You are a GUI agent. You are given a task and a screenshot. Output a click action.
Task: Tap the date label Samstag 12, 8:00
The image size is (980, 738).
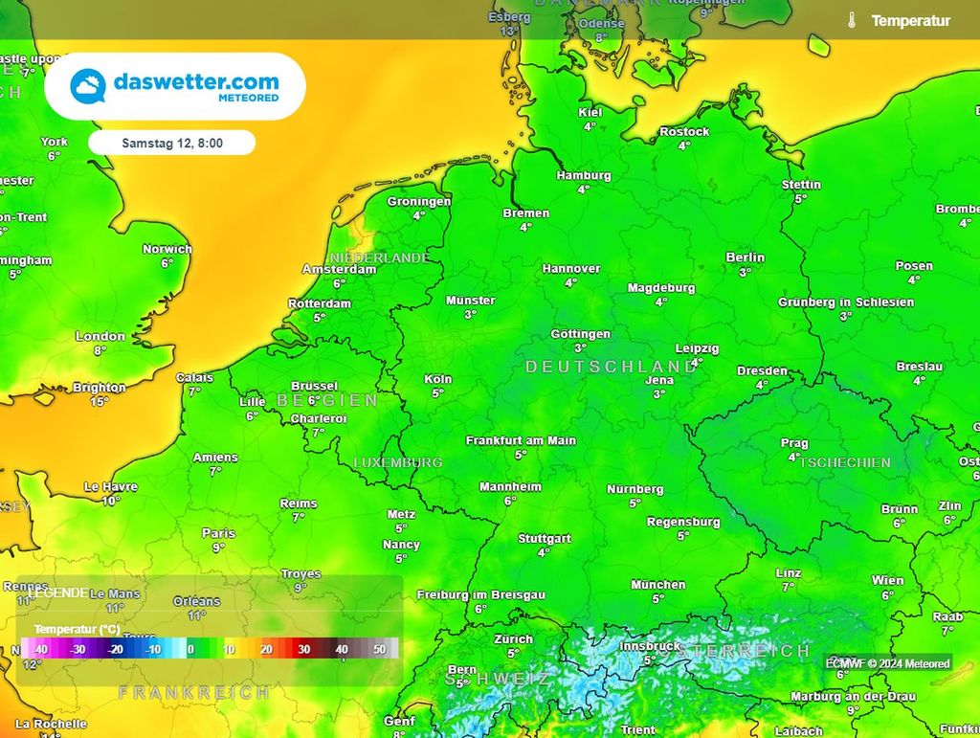[x=172, y=143]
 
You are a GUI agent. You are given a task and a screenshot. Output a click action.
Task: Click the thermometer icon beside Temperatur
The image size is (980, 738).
[x=851, y=20]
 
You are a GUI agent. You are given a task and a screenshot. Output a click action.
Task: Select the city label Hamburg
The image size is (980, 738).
[x=584, y=175]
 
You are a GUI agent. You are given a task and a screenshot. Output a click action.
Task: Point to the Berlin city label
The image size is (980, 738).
[x=745, y=257]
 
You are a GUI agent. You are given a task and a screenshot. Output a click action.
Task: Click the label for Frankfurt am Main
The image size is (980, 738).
[x=521, y=440]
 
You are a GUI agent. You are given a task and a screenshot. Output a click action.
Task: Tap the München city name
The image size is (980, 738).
[x=657, y=584]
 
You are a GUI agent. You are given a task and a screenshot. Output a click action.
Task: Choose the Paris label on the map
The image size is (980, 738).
[x=218, y=533]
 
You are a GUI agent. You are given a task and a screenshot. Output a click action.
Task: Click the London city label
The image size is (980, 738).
[x=100, y=336]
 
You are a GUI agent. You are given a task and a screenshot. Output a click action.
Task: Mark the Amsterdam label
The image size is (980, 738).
[x=339, y=269]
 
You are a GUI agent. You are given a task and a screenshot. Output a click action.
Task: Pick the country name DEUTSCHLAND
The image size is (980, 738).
[x=611, y=367]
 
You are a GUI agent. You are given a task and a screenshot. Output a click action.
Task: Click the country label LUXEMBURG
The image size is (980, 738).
[x=398, y=462]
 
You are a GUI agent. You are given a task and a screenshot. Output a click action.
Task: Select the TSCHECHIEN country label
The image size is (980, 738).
[x=845, y=462]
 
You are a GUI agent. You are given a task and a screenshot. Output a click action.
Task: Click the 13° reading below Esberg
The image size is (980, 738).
[x=509, y=32]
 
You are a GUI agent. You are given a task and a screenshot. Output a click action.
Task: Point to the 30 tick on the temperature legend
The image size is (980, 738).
[x=303, y=649]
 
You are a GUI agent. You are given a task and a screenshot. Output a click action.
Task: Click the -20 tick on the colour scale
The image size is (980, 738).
[x=116, y=649]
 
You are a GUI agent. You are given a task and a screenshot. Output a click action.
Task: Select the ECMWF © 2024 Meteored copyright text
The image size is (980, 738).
[x=887, y=663]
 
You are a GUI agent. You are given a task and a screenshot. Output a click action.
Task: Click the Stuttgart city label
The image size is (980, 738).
[x=544, y=538]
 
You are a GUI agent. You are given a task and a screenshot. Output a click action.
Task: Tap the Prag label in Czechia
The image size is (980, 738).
[x=794, y=443]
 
